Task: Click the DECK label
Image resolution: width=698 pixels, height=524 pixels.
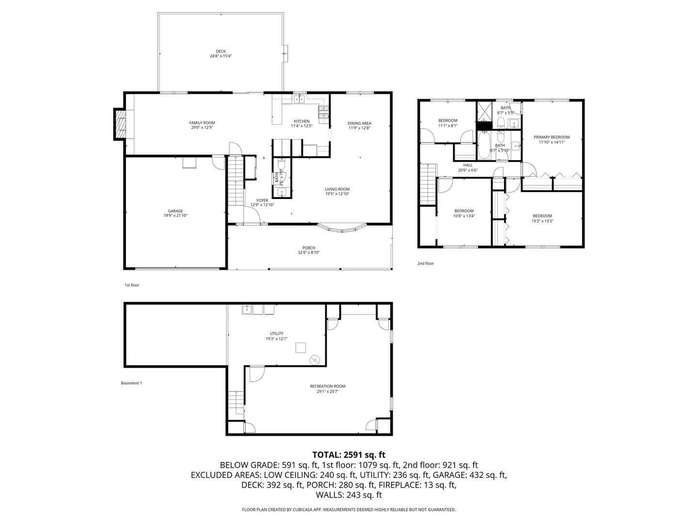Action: (221, 51)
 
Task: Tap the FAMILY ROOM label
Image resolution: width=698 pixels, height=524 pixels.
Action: (202, 123)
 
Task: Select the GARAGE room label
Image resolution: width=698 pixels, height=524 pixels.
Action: (175, 211)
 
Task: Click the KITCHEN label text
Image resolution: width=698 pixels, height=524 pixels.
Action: (301, 121)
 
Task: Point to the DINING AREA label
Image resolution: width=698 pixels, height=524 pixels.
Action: (359, 123)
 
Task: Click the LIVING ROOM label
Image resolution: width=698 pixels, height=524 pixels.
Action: (337, 189)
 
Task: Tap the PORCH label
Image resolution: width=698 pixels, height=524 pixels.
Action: (309, 248)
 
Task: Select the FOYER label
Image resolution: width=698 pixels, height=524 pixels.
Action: (262, 200)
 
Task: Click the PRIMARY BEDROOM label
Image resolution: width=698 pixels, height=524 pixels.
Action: (552, 137)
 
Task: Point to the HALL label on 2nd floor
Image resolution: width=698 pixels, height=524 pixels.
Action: (468, 165)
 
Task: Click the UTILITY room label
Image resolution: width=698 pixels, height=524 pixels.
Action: (277, 333)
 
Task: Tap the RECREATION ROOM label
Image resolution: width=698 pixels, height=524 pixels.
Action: (328, 386)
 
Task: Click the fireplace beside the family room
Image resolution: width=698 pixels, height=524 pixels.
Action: (120, 124)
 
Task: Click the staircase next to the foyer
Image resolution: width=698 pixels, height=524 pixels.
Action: (235, 180)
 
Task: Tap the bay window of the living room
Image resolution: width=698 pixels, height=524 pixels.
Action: (342, 228)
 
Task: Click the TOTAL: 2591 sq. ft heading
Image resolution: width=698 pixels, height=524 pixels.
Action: (349, 455)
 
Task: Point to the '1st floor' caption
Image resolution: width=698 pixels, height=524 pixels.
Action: (132, 285)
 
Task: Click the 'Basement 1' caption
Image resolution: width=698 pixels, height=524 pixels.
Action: (131, 383)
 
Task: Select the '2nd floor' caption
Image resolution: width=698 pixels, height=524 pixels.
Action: (426, 263)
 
